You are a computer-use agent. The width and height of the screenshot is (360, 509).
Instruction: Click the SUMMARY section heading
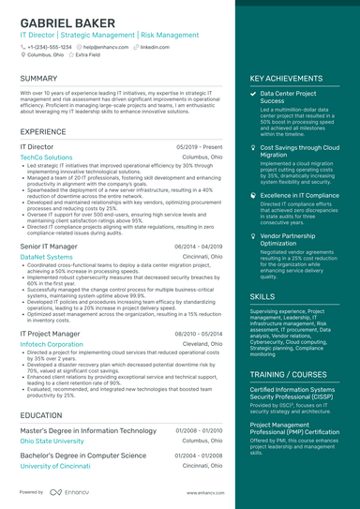[38, 78]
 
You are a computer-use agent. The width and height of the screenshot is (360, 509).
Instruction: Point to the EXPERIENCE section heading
[43, 131]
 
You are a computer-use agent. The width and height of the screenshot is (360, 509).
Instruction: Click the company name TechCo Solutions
[46, 157]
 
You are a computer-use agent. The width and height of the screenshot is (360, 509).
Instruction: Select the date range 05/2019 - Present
[199, 147]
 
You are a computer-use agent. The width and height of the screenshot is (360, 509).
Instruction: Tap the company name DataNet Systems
[46, 256]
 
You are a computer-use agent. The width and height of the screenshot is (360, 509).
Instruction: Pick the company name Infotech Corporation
[52, 344]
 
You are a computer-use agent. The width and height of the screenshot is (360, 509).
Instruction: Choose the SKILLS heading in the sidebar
[262, 296]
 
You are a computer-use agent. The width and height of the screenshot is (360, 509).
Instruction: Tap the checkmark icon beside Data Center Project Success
[253, 95]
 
